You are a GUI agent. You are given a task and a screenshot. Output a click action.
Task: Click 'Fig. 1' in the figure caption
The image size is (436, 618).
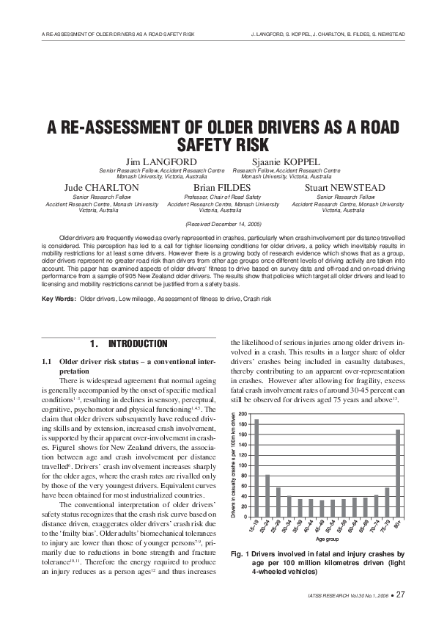pyautogui.click(x=240, y=553)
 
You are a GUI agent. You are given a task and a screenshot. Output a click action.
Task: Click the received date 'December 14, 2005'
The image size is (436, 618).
pyautogui.click(x=227, y=222)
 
